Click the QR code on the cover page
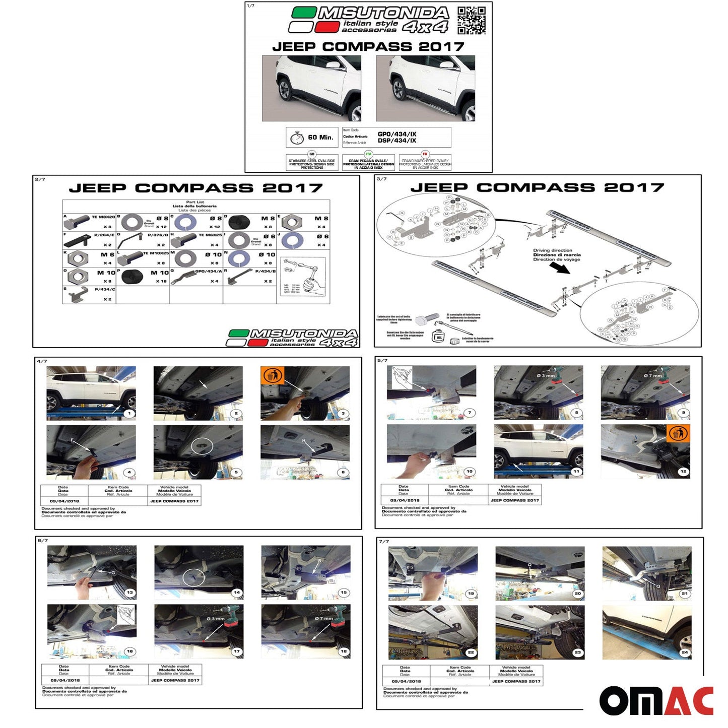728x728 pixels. point(472,21)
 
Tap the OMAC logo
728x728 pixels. point(656,700)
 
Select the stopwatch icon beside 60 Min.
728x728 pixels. point(297,138)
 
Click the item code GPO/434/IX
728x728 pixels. point(397,134)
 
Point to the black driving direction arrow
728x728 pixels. point(560,267)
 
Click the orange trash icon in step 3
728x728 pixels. point(272,375)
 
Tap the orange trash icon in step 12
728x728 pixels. point(678,434)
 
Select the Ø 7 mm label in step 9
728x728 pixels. point(653,376)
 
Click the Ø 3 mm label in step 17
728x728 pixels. point(216,619)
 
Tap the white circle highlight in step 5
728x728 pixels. point(202,446)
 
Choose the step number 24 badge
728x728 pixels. point(684,652)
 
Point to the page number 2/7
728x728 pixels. point(40,179)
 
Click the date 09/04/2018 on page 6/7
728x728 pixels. point(65,680)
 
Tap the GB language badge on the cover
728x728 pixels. point(312,154)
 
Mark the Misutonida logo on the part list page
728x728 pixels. point(292,338)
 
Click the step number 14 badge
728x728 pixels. point(236,592)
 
